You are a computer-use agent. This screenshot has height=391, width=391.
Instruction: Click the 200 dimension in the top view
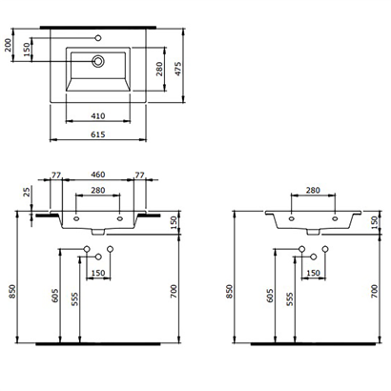9,44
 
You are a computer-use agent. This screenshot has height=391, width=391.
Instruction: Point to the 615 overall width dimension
99,135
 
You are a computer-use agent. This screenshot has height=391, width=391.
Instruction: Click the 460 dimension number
98,176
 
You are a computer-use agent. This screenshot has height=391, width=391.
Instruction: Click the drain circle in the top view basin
98,61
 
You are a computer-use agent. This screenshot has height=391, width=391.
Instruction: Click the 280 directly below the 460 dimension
98,191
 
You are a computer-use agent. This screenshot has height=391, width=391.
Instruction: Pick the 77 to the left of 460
55,176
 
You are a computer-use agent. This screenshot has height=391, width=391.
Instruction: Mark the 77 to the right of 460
140,176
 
